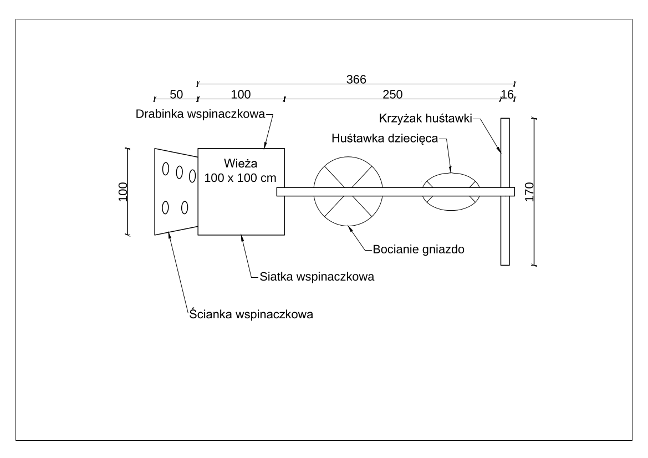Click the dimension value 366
pyautogui.click(x=356, y=79)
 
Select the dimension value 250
pyautogui.click(x=392, y=94)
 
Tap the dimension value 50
pyautogui.click(x=176, y=94)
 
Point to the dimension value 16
pyautogui.click(x=507, y=94)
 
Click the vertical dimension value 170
pyautogui.click(x=529, y=192)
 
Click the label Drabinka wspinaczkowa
pyautogui.click(x=201, y=114)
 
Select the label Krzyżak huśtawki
pyautogui.click(x=425, y=118)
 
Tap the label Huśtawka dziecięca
pyautogui.click(x=385, y=138)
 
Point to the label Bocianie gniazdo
pyautogui.click(x=419, y=250)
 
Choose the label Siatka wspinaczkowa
pyautogui.click(x=317, y=277)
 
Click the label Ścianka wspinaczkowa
pyautogui.click(x=251, y=314)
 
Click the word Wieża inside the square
pyautogui.click(x=241, y=163)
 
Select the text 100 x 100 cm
pyautogui.click(x=240, y=178)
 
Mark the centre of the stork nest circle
pyautogui.click(x=348, y=191)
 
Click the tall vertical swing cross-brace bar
pyautogui.click(x=505, y=191)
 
